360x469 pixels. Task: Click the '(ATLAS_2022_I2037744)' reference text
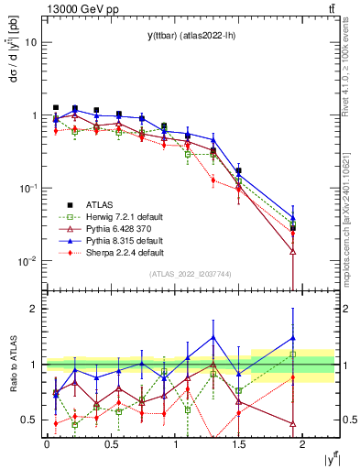(190, 274)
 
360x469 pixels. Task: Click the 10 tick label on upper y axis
(31, 42)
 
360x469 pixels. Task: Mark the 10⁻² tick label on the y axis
(29, 261)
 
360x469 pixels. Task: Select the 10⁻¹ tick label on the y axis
(29, 188)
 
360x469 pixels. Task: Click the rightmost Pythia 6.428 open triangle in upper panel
(292, 251)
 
